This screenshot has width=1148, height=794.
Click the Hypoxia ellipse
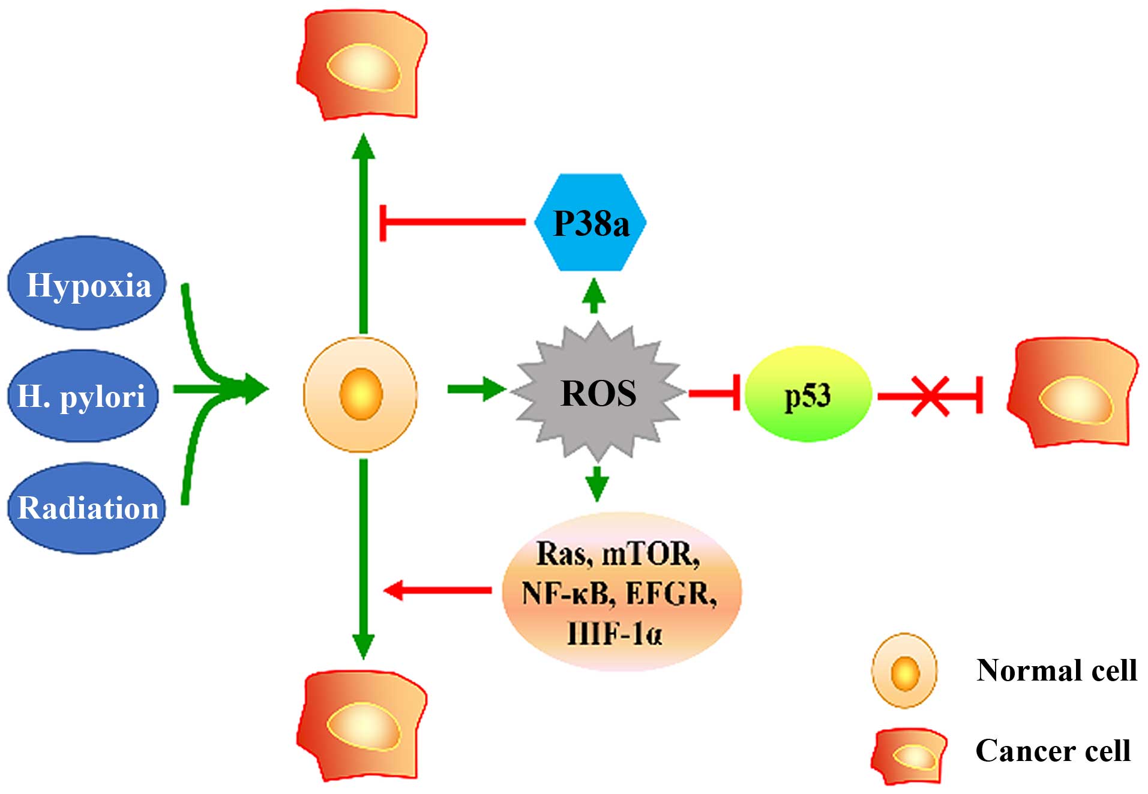[x=87, y=283]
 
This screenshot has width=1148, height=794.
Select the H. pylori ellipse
[x=83, y=396]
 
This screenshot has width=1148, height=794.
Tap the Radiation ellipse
[x=87, y=508]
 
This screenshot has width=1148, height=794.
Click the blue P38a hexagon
[x=591, y=223]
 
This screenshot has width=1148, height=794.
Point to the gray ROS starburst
[x=598, y=393]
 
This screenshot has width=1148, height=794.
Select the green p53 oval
[x=808, y=394]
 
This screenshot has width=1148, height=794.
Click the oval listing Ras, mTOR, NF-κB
[x=621, y=591]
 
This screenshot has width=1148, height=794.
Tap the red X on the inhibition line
[x=930, y=395]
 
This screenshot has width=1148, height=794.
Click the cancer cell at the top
[x=361, y=65]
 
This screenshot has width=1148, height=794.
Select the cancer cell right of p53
[x=1072, y=393]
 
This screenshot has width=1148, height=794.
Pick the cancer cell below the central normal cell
[x=361, y=725]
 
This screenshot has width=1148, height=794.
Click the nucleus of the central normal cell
[x=361, y=394]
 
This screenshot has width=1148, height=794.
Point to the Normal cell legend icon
[x=904, y=671]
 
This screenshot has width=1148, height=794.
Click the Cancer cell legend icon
[x=909, y=756]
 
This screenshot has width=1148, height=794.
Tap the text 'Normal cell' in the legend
[x=1056, y=670]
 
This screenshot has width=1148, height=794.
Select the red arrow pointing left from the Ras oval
[x=438, y=591]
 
